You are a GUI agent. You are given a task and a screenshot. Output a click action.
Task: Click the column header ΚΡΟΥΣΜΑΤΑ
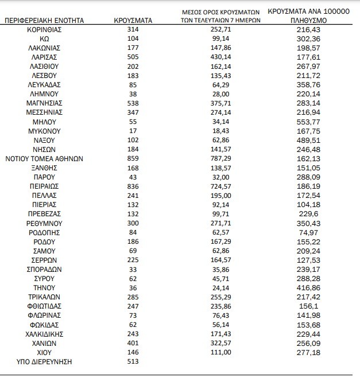tap(133, 20)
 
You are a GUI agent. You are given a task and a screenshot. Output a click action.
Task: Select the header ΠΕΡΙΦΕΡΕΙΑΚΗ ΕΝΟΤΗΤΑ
tap(44, 20)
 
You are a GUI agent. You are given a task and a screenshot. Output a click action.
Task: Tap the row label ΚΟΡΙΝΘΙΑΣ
tap(44, 29)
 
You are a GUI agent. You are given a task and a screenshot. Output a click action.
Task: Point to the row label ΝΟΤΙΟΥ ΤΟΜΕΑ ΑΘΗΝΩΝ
tap(44, 158)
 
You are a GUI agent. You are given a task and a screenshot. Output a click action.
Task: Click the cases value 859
tap(133, 158)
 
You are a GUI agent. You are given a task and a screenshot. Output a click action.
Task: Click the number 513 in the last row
tap(133, 362)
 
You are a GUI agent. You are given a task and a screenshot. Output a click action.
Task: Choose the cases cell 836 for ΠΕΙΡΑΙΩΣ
tap(133, 186)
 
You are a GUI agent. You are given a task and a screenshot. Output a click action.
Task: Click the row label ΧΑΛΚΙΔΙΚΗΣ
tap(44, 334)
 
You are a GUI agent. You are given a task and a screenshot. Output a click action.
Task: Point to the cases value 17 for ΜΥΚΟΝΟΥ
tap(133, 131)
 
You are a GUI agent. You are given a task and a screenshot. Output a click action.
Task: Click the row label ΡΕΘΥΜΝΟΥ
tap(44, 223)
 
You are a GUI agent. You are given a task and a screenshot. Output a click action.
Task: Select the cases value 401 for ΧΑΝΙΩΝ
tap(133, 343)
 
